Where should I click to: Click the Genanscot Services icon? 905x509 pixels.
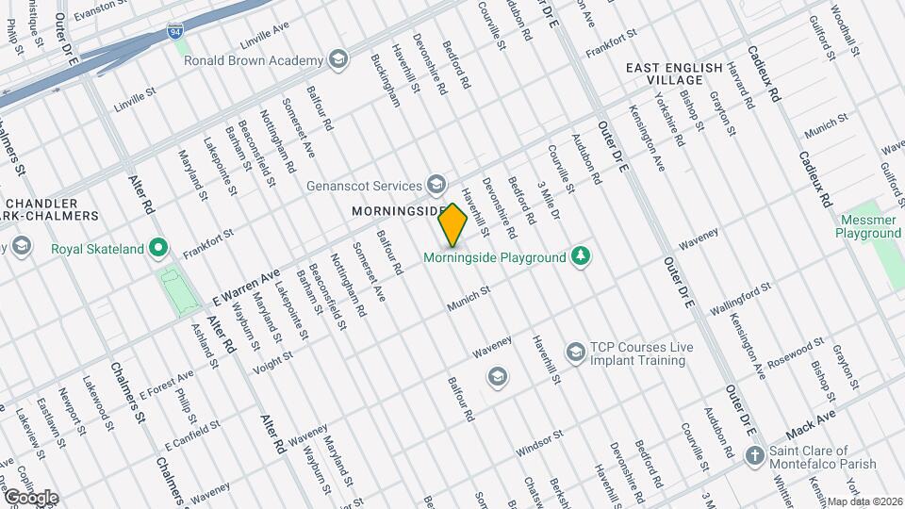[436, 184]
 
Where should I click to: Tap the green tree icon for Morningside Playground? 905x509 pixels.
[583, 256]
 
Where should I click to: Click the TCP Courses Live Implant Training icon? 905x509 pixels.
[574, 353]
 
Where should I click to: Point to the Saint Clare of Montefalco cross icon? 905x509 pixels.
[753, 456]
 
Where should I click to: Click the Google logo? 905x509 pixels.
[30, 498]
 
